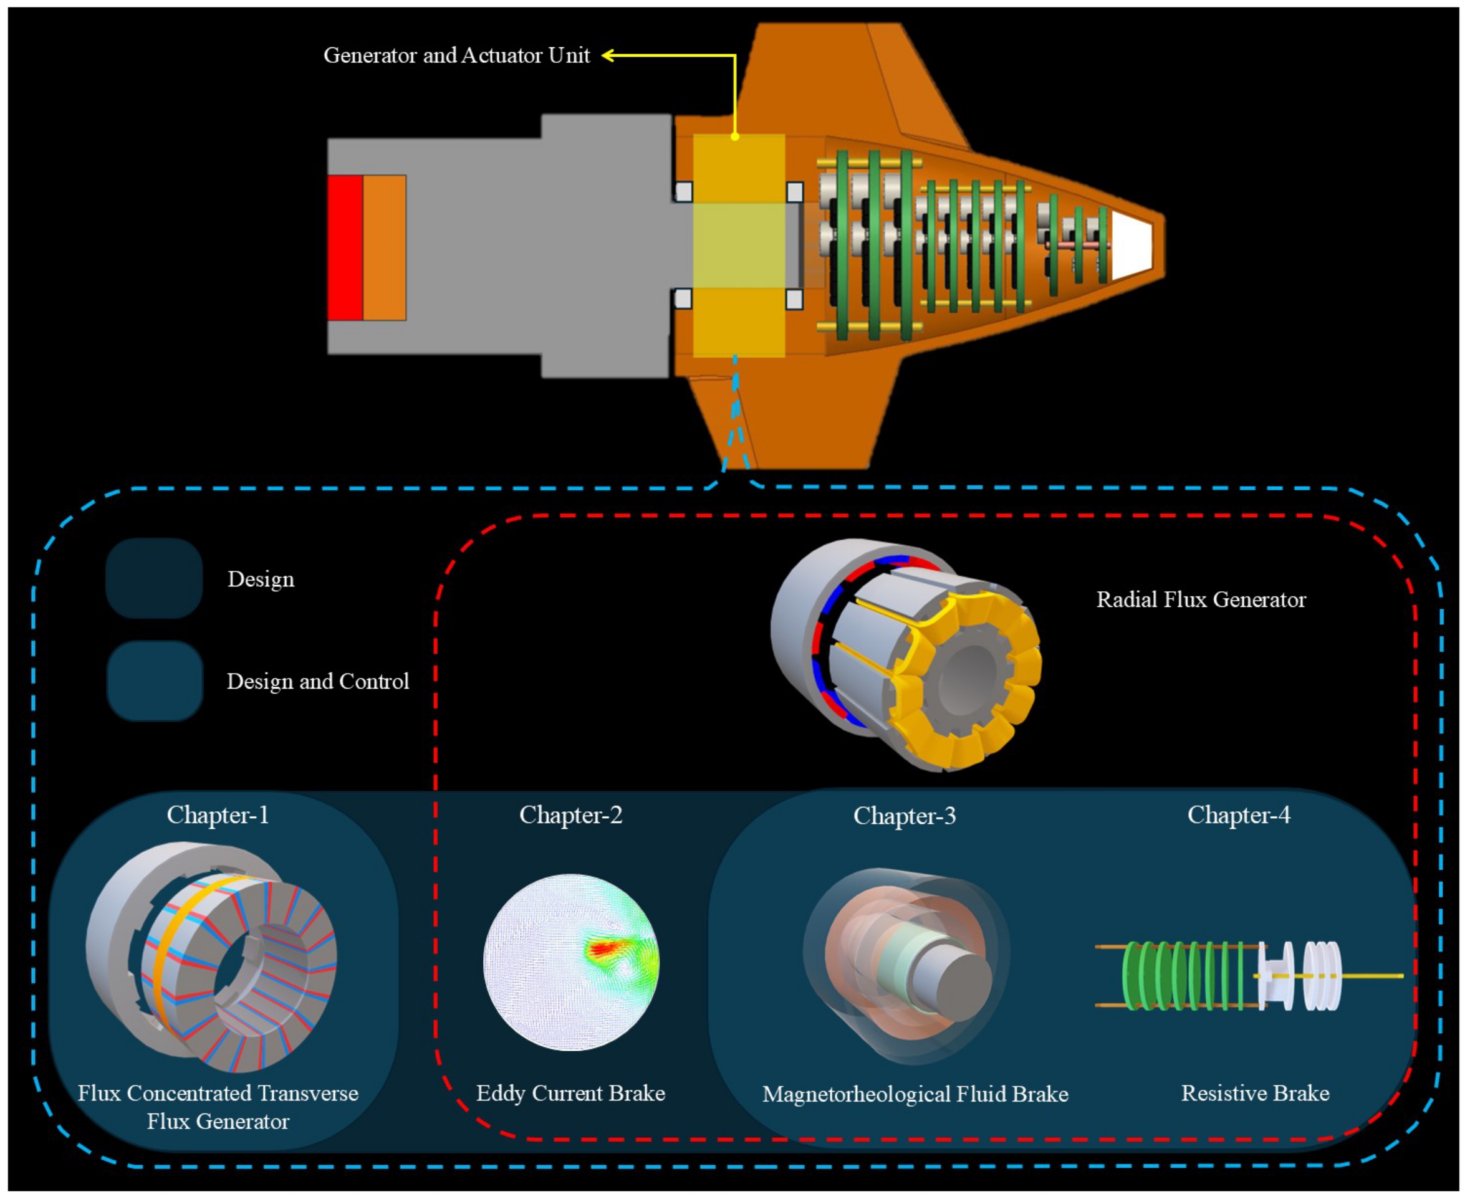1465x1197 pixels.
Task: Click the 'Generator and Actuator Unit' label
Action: click(456, 55)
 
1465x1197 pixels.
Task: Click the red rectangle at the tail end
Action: click(345, 247)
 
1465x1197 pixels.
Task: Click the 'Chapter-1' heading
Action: click(218, 815)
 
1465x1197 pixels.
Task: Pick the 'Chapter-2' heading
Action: click(570, 815)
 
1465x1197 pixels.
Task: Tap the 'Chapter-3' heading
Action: click(904, 816)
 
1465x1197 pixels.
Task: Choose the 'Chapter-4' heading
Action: click(1238, 815)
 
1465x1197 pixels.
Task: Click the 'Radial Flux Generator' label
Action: click(1201, 599)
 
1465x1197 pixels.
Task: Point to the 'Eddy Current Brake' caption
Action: click(570, 1093)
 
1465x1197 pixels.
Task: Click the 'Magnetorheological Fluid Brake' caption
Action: click(915, 1094)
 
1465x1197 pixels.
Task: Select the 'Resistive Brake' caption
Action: click(1256, 1093)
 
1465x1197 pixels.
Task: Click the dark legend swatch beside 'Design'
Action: click(154, 578)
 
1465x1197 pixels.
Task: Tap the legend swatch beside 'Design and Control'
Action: click(155, 680)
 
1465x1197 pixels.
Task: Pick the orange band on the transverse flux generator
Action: click(166, 951)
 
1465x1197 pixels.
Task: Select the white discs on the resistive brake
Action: click(1322, 975)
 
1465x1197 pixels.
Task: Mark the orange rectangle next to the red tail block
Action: click(384, 247)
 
